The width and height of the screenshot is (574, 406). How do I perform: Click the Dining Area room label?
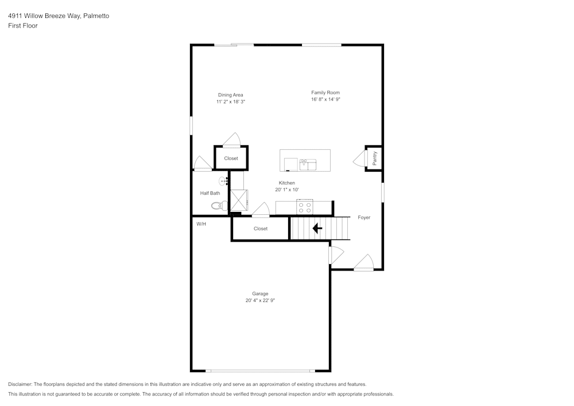230,95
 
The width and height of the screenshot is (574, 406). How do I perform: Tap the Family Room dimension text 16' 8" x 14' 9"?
325,99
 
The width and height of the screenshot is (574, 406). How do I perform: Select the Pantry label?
374,158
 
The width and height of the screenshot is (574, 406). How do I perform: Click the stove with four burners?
305,207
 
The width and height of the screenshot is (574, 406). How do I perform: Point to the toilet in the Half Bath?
219,206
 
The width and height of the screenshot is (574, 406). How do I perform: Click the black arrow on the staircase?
317,229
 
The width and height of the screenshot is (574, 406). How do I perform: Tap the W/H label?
201,224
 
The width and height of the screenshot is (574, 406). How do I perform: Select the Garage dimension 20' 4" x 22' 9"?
260,300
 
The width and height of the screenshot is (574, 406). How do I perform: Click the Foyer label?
364,218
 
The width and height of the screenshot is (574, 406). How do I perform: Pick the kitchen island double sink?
308,165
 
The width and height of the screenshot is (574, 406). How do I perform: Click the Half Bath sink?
223,181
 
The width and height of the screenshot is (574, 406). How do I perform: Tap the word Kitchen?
286,183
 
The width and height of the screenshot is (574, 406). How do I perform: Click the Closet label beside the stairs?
260,229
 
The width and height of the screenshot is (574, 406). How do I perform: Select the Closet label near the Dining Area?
231,158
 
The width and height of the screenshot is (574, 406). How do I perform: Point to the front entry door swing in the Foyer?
363,262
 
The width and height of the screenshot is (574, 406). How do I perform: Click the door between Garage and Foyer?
336,255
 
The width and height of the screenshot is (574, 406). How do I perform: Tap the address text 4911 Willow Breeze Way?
44,16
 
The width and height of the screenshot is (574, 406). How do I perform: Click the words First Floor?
23,26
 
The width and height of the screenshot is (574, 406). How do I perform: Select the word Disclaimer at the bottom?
20,384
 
